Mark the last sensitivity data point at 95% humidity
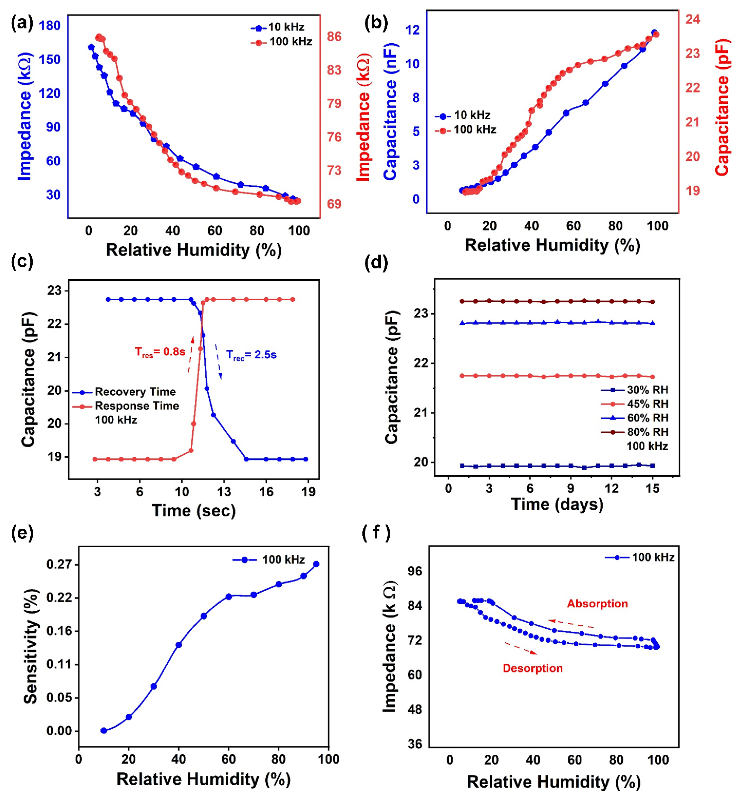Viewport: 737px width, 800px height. [316, 564]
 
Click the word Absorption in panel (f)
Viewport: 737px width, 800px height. [597, 604]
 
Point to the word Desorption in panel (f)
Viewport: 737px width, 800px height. [532, 668]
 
